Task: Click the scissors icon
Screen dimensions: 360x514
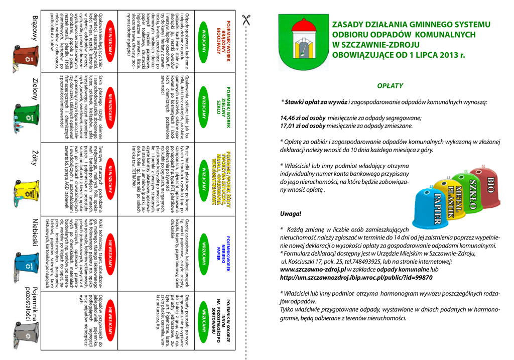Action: pos(246,20)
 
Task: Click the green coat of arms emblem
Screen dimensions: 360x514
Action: pos(303,42)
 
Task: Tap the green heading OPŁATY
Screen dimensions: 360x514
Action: pos(390,86)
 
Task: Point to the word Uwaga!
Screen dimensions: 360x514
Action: pos(291,213)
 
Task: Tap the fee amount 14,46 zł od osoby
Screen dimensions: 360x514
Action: pos(303,118)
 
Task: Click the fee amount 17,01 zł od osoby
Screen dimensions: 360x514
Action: pos(303,127)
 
